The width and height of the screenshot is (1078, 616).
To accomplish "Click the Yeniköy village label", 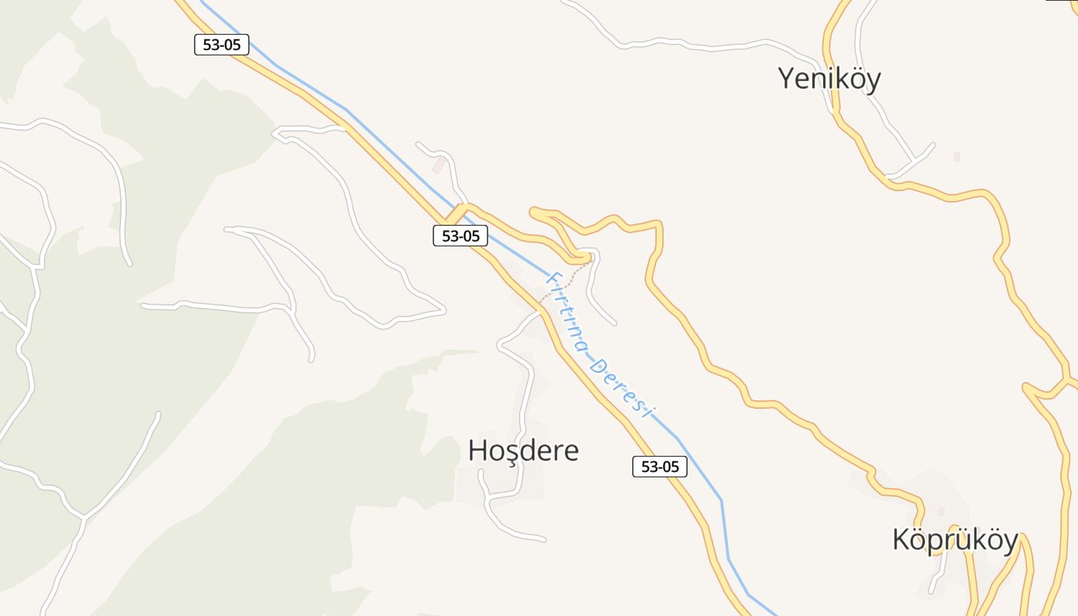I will pyautogui.click(x=829, y=79).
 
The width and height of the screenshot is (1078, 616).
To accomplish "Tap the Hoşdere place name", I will pyautogui.click(x=524, y=450).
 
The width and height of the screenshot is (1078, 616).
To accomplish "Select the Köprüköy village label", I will pyautogui.click(x=955, y=540).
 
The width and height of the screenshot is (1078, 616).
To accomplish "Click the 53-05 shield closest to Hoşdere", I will pyautogui.click(x=660, y=466).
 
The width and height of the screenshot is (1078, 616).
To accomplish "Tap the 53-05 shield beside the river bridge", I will pyautogui.click(x=460, y=236).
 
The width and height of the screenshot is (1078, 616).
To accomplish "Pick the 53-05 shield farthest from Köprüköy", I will pyautogui.click(x=222, y=45).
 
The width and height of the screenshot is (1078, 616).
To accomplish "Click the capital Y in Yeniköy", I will pyautogui.click(x=786, y=79).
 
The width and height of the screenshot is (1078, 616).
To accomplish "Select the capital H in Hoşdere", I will pyautogui.click(x=477, y=450).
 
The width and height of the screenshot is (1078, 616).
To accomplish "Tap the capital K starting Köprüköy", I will pyautogui.click(x=901, y=540).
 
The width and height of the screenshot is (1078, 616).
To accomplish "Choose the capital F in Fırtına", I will pyautogui.click(x=551, y=278).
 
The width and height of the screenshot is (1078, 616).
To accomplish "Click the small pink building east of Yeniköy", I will pyautogui.click(x=957, y=156).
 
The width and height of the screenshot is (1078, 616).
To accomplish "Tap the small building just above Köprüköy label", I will pyautogui.click(x=941, y=511).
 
